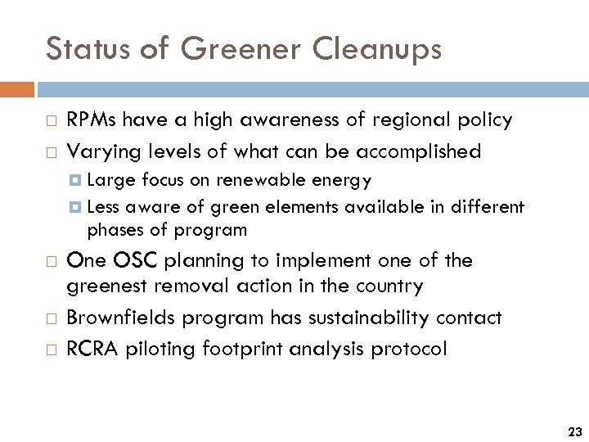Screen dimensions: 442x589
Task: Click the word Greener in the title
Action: click(241, 49)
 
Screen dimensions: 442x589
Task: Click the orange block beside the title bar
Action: click(17, 89)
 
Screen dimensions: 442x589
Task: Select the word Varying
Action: click(97, 151)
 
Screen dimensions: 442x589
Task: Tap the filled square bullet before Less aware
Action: click(76, 207)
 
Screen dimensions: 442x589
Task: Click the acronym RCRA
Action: click(92, 349)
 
